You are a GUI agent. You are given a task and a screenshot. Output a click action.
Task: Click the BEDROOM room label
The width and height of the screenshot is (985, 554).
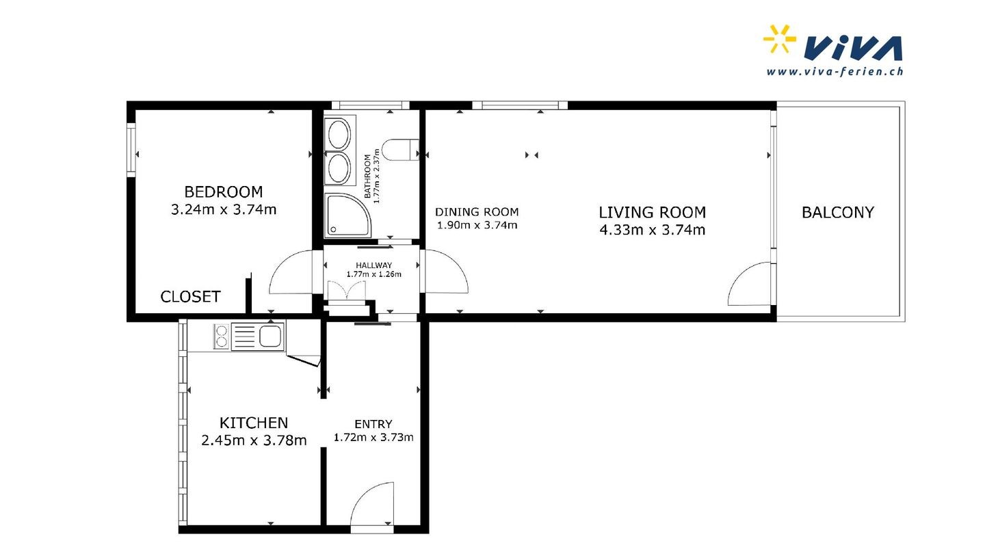pyautogui.click(x=224, y=192)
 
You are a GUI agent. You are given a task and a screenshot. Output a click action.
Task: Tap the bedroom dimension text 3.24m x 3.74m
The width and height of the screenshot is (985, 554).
pyautogui.click(x=224, y=209)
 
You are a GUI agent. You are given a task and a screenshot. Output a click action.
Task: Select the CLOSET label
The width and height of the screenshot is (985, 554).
pyautogui.click(x=190, y=297)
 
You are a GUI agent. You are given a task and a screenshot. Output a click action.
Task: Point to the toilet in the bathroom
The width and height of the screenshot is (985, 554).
pyautogui.click(x=400, y=150)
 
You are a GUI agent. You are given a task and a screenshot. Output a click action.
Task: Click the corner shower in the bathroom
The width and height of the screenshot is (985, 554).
pyautogui.click(x=347, y=215)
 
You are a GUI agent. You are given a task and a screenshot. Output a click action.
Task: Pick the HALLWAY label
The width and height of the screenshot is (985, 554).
pyautogui.click(x=373, y=265)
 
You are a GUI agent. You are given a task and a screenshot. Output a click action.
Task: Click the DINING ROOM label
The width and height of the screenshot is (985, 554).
pyautogui.click(x=477, y=212)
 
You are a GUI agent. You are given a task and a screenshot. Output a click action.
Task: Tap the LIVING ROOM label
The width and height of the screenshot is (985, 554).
pyautogui.click(x=652, y=212)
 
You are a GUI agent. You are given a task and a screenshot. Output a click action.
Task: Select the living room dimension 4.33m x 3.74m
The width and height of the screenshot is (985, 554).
pyautogui.click(x=652, y=230)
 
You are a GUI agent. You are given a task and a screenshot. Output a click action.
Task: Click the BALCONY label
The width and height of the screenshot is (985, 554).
pyautogui.click(x=838, y=212)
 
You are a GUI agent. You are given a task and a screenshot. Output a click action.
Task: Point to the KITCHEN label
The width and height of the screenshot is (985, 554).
pyautogui.click(x=254, y=423)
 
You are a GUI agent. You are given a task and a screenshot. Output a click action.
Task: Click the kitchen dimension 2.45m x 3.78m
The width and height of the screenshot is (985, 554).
pyautogui.click(x=254, y=440)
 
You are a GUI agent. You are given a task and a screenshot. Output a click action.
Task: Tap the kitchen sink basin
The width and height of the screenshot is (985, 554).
pyautogui.click(x=270, y=337)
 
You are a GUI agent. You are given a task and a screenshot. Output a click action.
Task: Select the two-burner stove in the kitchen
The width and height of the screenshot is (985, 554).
pyautogui.click(x=222, y=337)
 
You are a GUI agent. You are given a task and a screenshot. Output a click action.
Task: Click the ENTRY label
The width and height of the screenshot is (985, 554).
pyautogui.click(x=373, y=424)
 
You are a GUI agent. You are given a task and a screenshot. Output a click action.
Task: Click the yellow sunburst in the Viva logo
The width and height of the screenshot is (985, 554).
pyautogui.click(x=779, y=39)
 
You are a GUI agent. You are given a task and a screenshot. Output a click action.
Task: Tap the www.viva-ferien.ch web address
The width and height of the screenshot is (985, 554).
pyautogui.click(x=835, y=72)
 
